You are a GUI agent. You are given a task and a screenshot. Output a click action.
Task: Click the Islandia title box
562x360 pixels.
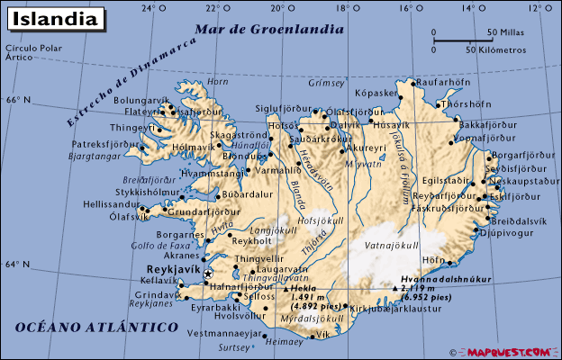coord(55,17)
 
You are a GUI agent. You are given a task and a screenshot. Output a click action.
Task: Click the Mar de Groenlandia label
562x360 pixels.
coord(275,29)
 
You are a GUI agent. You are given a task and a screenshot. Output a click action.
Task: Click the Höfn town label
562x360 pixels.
coord(434,261)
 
